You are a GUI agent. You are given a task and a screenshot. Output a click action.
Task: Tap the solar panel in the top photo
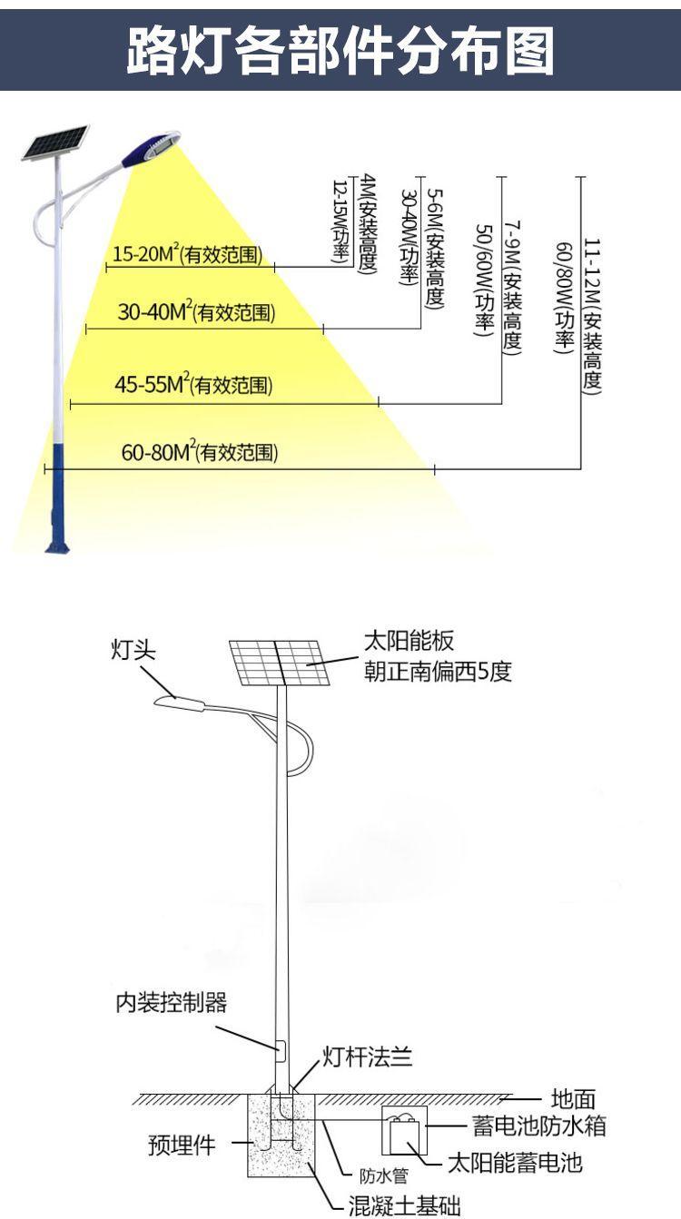click(x=55, y=143)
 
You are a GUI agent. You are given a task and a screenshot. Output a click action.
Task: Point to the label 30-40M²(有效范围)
click(x=196, y=313)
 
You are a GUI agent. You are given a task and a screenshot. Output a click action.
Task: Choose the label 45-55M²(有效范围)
click(x=192, y=385)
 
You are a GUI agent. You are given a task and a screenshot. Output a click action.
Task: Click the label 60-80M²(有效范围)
click(x=200, y=452)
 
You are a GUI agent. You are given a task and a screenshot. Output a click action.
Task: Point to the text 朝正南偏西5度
click(x=439, y=672)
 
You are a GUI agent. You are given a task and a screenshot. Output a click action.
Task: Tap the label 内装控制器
click(x=171, y=1002)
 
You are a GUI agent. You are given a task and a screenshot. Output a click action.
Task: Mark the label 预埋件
click(x=182, y=1145)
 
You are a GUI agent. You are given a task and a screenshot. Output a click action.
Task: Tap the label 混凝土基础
click(x=405, y=1205)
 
